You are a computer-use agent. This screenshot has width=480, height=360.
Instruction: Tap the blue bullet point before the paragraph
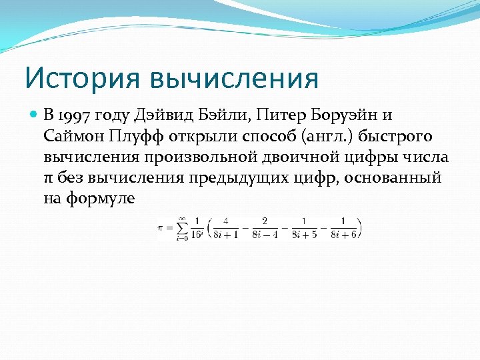point(35,115)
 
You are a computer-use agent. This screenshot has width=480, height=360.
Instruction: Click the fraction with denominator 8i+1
point(227,227)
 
